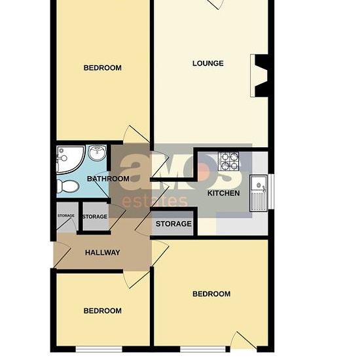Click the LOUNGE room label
[x=207, y=63]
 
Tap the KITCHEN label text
[x=223, y=193]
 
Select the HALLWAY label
[x=102, y=253]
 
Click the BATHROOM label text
[x=108, y=179]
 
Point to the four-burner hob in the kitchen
[x=228, y=161]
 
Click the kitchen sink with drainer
[x=259, y=193]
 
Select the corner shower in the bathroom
[x=70, y=159]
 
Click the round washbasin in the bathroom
[x=98, y=153]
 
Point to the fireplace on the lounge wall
[x=259, y=75]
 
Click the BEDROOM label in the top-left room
[x=102, y=68]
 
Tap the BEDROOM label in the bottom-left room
[x=102, y=311]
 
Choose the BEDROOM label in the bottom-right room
[x=211, y=294]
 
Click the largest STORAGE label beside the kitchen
[x=173, y=224]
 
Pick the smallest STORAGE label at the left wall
[x=66, y=215]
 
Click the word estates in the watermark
[x=154, y=202]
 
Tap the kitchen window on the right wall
[x=271, y=192]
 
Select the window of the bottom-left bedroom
[x=99, y=349]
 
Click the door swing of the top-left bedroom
[x=136, y=134]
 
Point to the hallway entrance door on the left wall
[x=62, y=255]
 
